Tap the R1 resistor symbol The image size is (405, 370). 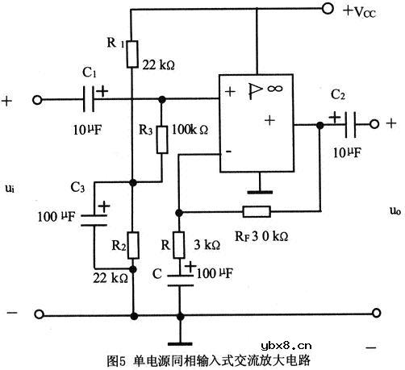coord(132,54)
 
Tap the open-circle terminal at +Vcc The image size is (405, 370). coord(326,10)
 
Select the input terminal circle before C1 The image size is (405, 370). coord(36,101)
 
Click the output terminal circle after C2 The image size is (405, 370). coord(374,124)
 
